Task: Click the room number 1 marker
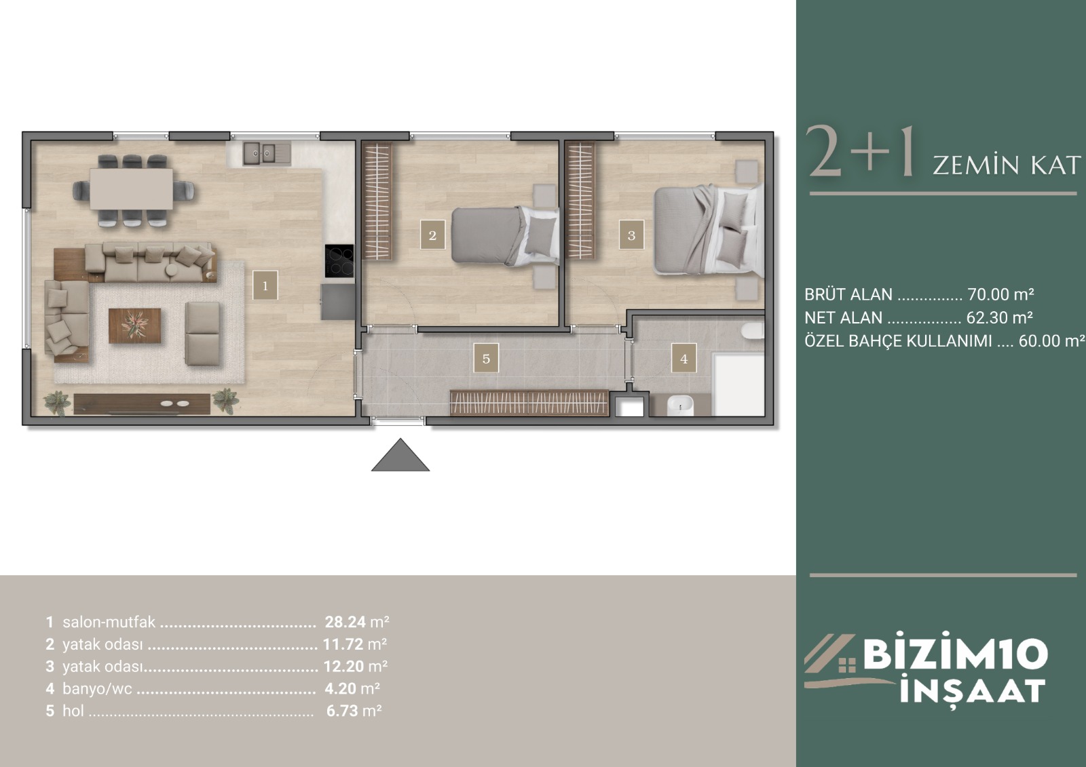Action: click(265, 286)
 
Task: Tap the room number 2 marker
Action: click(432, 235)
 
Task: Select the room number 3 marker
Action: click(631, 235)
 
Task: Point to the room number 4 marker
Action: click(684, 359)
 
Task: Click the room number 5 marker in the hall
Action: click(486, 359)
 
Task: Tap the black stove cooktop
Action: click(339, 260)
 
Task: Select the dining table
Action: click(132, 189)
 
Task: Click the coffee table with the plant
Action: click(135, 326)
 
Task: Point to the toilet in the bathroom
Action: click(752, 330)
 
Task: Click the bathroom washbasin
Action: click(680, 406)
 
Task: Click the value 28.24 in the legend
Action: click(345, 622)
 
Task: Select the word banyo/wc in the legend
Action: click(97, 688)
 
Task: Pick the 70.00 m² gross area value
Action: click(1000, 294)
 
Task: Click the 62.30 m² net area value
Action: click(1000, 317)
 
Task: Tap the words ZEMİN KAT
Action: click(1007, 165)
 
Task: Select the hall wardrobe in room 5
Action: click(529, 403)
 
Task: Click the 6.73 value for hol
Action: click(342, 711)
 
